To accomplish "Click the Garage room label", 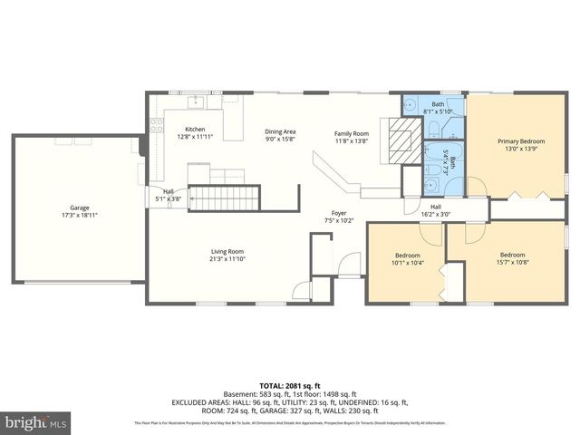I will [80, 207].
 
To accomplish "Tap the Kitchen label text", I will [195, 130].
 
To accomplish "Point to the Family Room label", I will [352, 133].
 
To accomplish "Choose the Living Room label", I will [227, 251].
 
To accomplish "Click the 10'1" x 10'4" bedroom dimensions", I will [411, 263].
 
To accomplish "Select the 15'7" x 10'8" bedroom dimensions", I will [513, 263].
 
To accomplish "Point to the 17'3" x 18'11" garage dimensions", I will [80, 215].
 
